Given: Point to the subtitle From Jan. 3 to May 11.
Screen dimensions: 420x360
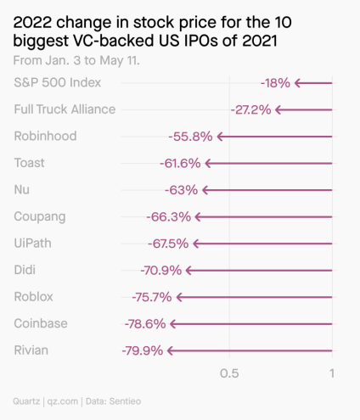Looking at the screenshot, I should coord(77,61).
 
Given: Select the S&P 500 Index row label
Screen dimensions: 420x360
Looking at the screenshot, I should coord(58,82).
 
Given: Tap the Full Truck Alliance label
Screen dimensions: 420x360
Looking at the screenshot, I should coord(65,109).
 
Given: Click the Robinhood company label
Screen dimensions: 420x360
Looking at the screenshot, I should coord(45,136).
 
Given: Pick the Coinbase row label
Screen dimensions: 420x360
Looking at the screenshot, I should coord(41,323).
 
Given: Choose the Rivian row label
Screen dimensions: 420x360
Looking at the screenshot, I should coord(31,350).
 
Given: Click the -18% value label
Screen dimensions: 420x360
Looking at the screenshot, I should coord(275,83).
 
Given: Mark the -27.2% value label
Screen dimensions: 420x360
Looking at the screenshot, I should coord(250,109).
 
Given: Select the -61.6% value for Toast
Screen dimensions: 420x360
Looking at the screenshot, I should coord(180,163).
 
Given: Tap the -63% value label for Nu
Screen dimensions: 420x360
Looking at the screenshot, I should coord(181,190).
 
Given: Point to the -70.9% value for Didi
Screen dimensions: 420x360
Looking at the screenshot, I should coord(161,271).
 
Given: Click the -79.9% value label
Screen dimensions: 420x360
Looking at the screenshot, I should coord(142,350).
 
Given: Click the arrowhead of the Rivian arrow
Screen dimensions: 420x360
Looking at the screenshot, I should coord(171,350).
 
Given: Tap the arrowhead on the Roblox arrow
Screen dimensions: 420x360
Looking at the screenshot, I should coord(179,297).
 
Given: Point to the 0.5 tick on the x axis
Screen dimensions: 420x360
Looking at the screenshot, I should coord(228,373).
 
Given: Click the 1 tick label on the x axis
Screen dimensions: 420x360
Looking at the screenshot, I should coord(332,373).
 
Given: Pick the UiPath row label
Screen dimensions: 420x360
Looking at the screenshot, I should coord(33,243).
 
